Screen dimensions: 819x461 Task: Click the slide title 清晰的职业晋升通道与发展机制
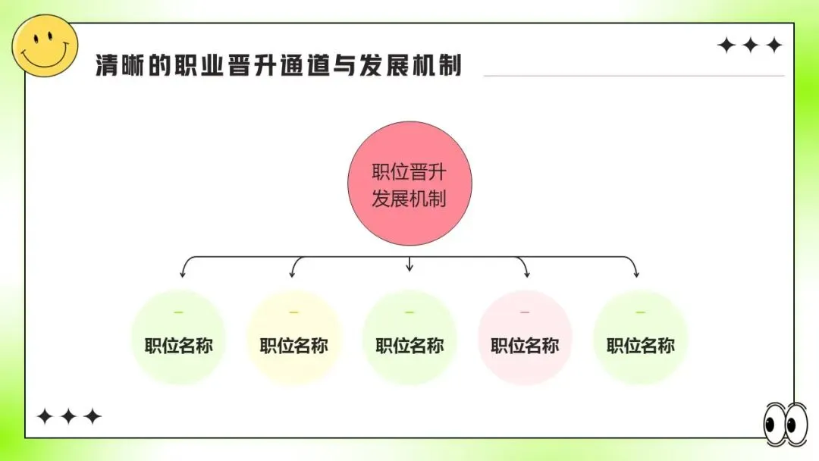pos(278,65)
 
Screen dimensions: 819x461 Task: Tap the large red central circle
pos(409,184)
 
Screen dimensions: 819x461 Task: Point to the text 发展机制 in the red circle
pos(409,199)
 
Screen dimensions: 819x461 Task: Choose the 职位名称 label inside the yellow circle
pos(294,347)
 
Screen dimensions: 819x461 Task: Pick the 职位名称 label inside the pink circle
pos(525,347)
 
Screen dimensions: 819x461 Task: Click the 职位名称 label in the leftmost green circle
pos(179,347)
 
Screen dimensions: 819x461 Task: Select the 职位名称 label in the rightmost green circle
pos(641,347)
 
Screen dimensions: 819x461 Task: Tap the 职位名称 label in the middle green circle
pos(409,347)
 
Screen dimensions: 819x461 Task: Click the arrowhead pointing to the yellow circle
pos(293,273)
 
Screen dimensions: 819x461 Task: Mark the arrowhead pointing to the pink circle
pos(525,273)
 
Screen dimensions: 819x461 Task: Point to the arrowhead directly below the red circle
pos(409,267)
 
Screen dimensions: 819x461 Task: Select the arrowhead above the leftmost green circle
pos(183,273)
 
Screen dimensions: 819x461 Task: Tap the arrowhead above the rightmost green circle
pos(636,273)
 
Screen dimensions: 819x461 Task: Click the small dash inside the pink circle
pos(525,312)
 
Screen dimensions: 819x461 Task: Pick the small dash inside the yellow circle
pos(294,312)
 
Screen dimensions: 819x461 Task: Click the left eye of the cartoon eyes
pos(775,425)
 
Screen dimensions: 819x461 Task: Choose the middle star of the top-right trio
pos(750,45)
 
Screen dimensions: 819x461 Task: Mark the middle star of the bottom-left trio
pos(68,416)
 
